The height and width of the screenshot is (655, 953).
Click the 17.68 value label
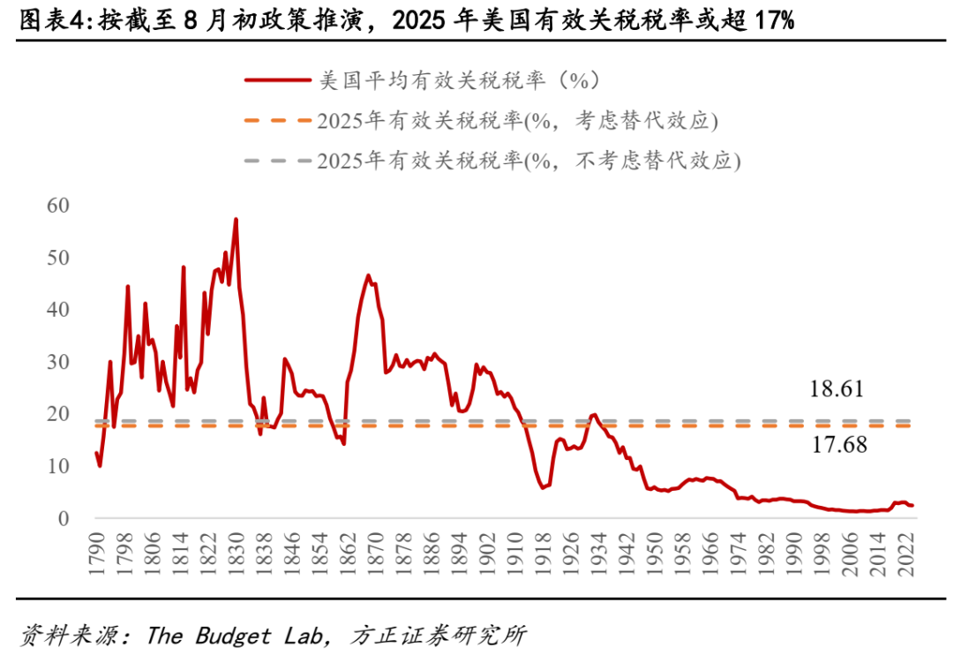[838, 445]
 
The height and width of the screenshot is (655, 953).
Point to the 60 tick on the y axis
[57, 206]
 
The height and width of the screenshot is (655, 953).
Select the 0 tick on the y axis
[63, 518]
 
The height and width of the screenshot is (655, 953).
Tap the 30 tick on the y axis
[57, 362]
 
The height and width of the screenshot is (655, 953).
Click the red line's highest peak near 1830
[236, 219]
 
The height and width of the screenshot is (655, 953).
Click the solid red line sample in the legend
[277, 80]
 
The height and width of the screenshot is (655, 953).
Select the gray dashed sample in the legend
[277, 162]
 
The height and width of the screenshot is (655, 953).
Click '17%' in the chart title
[774, 20]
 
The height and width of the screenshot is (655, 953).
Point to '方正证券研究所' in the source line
[438, 635]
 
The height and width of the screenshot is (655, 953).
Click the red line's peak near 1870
[368, 275]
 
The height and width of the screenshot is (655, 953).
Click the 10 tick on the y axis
[57, 466]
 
